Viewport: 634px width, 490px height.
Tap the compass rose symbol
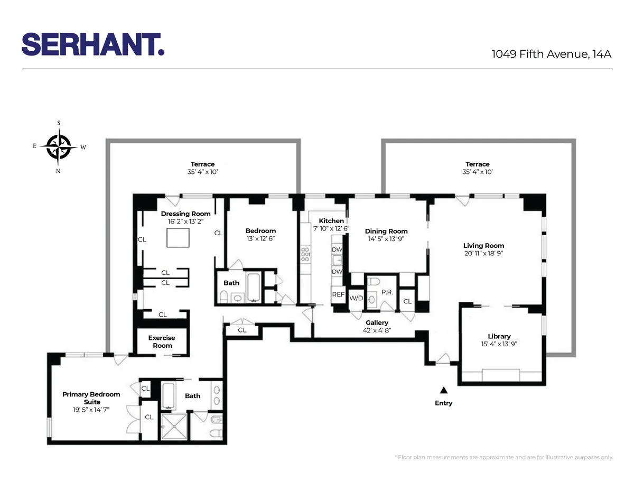(x=59, y=147)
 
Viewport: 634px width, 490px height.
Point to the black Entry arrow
(x=444, y=390)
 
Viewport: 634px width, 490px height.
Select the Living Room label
(x=483, y=245)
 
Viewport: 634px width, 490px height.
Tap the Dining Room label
(x=386, y=231)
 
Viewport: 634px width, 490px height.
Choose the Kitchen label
(x=331, y=220)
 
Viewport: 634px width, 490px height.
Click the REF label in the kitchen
(x=338, y=295)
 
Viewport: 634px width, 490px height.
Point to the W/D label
(x=356, y=298)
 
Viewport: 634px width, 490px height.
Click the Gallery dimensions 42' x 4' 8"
(x=377, y=330)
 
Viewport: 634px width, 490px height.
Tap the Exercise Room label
(x=162, y=341)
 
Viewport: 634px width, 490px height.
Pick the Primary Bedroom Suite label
(x=91, y=398)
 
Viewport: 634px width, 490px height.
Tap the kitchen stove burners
(x=305, y=255)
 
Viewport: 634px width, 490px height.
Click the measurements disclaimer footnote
(x=504, y=457)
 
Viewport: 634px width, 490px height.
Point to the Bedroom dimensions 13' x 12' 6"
(x=260, y=238)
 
